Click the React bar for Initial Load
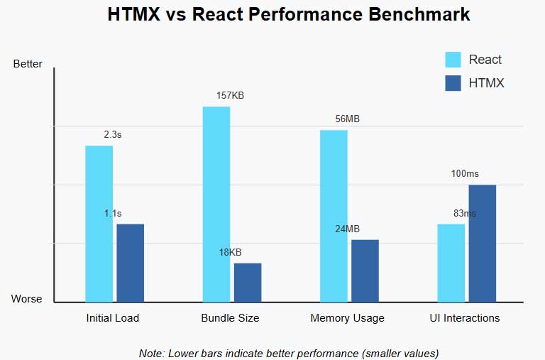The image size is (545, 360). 99,224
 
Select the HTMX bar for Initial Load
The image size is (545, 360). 130,263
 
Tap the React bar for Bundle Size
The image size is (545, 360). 216,204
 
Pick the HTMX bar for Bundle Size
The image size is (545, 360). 248,283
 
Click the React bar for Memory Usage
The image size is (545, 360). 334,216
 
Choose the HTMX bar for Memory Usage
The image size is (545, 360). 365,271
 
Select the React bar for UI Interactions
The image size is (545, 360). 451,263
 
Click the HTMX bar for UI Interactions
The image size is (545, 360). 482,244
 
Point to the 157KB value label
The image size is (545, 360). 231,96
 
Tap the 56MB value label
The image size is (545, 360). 348,119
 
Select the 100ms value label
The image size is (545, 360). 465,174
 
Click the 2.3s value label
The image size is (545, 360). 113,135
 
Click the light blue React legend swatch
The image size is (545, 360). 453,60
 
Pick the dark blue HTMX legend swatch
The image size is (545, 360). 453,83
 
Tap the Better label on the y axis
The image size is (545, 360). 28,64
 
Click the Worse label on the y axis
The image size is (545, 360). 27,299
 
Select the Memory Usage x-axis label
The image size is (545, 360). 347,318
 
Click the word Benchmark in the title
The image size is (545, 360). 411,14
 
